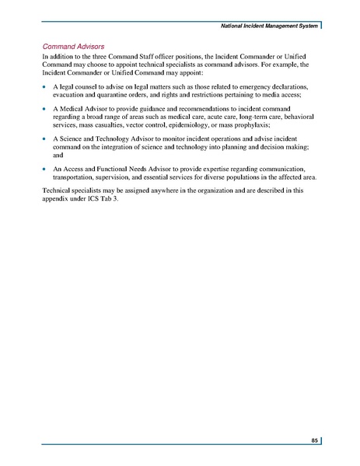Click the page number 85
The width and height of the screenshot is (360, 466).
click(313, 441)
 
